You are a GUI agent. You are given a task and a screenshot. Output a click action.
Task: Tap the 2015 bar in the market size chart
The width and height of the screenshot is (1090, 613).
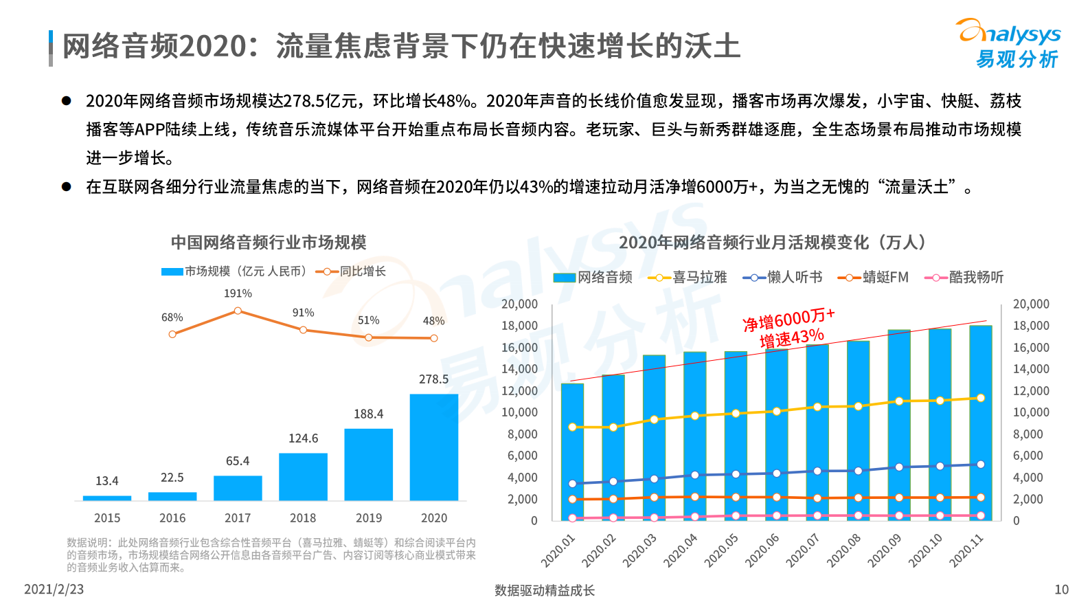click(107, 498)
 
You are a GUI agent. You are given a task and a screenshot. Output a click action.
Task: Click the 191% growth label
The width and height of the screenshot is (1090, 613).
click(238, 293)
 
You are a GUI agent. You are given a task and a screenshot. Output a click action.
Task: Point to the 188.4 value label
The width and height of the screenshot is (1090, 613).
click(368, 414)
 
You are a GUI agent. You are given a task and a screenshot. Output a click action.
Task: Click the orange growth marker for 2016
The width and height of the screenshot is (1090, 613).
click(172, 334)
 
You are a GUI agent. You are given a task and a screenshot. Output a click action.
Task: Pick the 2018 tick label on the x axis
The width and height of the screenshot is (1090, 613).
click(303, 518)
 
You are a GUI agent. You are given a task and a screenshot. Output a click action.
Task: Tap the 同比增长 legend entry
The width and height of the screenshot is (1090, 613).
click(351, 271)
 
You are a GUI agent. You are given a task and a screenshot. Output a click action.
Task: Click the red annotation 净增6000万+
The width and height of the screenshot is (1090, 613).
click(788, 320)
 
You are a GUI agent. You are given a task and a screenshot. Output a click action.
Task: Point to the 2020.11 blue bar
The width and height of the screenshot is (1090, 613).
click(980, 423)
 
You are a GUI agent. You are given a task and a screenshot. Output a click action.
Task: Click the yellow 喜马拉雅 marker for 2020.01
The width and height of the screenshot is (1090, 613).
click(572, 427)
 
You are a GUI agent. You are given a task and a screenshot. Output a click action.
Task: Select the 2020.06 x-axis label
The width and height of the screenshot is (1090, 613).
click(762, 550)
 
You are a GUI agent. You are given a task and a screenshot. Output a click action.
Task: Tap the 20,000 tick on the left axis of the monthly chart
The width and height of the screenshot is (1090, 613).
click(519, 304)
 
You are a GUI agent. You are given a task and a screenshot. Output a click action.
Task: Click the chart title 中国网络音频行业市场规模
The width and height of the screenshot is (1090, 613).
click(269, 243)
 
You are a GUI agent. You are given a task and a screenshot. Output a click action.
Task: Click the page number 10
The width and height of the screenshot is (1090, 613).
click(1061, 590)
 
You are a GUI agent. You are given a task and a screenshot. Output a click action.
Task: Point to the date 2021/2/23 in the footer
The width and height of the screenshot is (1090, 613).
click(54, 590)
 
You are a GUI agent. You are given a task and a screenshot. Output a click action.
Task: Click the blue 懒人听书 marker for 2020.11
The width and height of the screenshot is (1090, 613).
click(980, 465)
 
